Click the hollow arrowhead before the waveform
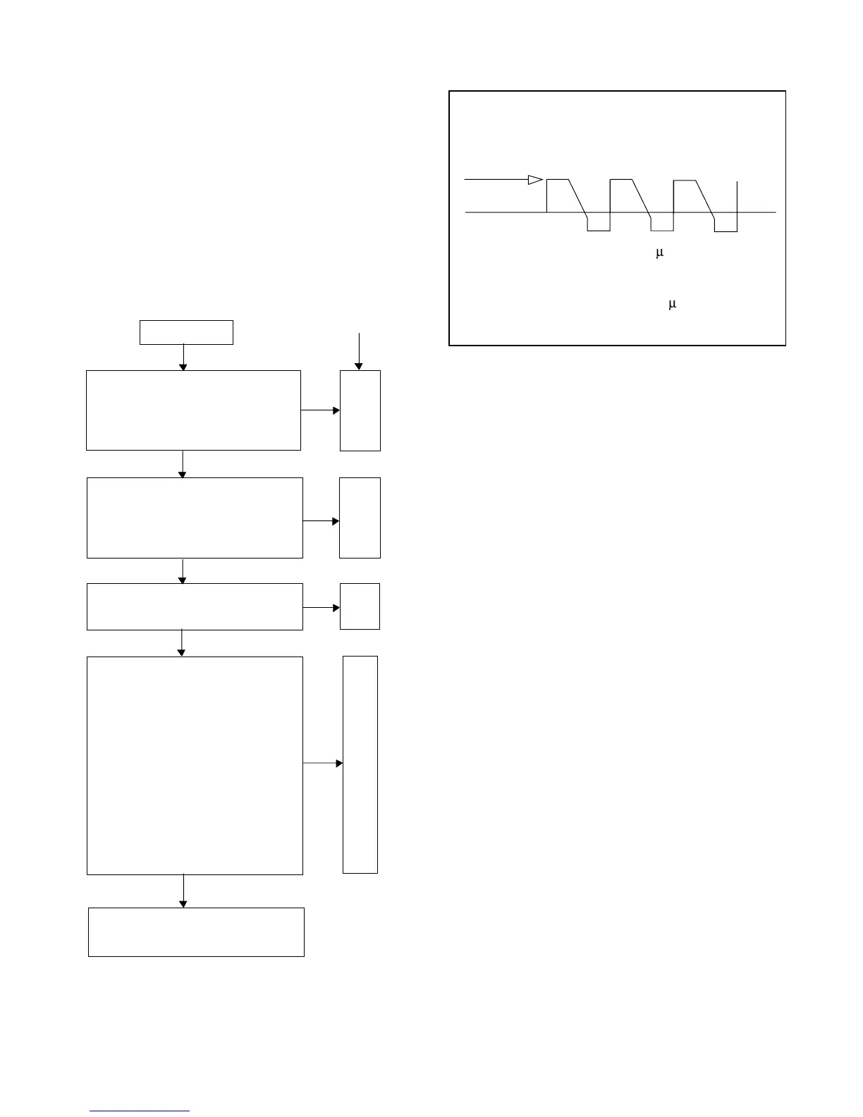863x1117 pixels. tap(535, 180)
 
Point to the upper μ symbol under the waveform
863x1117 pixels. tap(660, 253)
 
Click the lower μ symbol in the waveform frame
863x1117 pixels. tap(672, 304)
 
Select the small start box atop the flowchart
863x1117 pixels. tap(186, 332)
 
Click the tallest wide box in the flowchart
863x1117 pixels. tap(195, 765)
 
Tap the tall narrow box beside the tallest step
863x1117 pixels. tap(360, 764)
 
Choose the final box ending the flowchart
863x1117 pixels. tap(196, 932)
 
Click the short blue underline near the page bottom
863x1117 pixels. tap(140, 1111)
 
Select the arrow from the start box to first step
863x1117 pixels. tap(183, 357)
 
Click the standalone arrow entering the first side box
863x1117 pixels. tap(359, 350)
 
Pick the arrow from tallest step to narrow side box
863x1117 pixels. tap(323, 763)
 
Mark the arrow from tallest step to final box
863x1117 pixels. tap(183, 891)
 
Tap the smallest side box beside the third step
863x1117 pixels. tap(360, 606)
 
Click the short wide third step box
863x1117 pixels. tap(195, 606)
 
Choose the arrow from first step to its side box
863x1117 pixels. tap(320, 410)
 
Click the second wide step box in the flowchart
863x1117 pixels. tap(195, 518)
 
